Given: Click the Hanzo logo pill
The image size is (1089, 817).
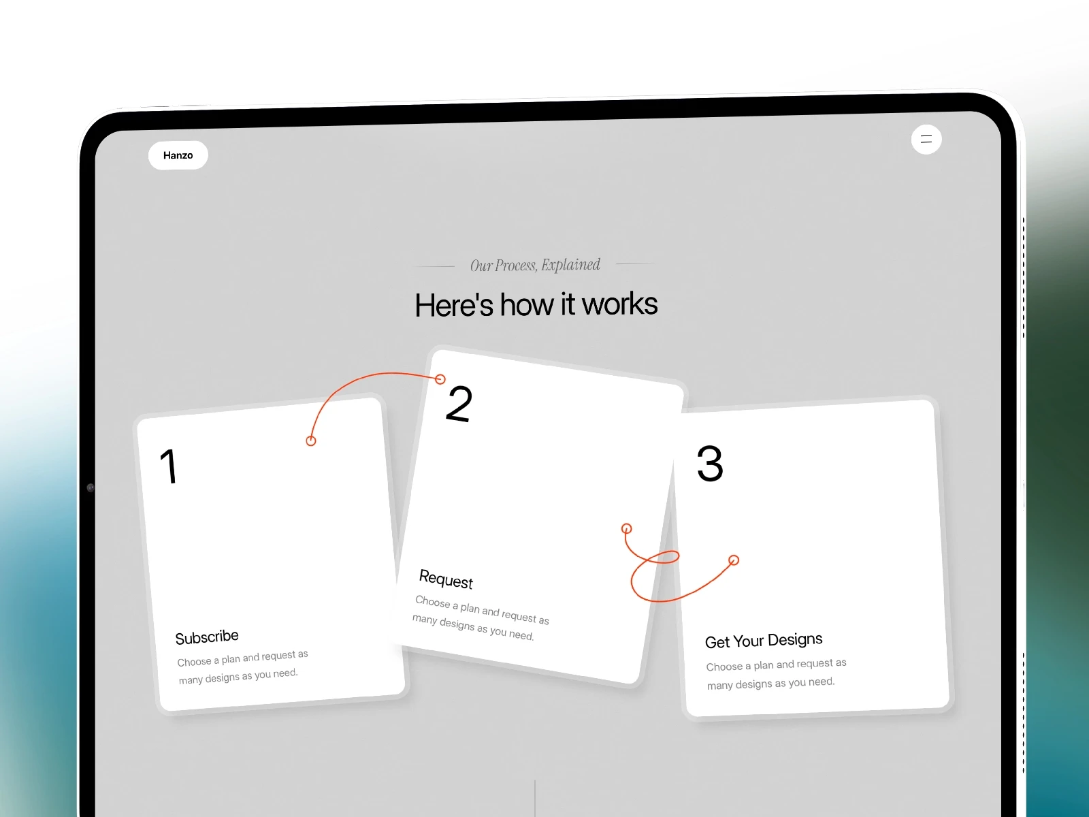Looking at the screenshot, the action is pyautogui.click(x=178, y=155).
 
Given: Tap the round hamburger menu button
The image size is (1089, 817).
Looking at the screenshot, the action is pyautogui.click(x=926, y=140).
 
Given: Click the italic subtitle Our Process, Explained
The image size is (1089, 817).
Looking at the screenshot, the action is pyautogui.click(x=536, y=266).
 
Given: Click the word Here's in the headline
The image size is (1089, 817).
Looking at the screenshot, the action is pyautogui.click(x=454, y=304).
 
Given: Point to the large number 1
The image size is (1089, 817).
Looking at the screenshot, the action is pyautogui.click(x=169, y=466).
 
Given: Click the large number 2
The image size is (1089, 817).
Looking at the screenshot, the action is pyautogui.click(x=459, y=404).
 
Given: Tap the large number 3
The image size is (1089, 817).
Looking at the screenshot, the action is pyautogui.click(x=710, y=464).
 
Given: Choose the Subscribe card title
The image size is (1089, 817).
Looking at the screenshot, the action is pyautogui.click(x=207, y=637).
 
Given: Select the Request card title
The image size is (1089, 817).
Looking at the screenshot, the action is pyautogui.click(x=446, y=579).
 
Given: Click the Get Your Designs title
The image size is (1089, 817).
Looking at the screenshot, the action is pyautogui.click(x=764, y=641).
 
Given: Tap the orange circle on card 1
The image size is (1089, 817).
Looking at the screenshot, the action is pyautogui.click(x=311, y=440).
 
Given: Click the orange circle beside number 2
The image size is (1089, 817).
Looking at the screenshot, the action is pyautogui.click(x=440, y=379).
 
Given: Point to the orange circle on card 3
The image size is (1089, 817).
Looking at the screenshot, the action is pyautogui.click(x=734, y=560).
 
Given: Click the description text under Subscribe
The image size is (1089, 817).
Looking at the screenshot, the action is pyautogui.click(x=242, y=668).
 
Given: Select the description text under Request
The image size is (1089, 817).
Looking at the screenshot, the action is pyautogui.click(x=481, y=618).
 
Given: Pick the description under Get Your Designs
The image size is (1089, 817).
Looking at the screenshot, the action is pyautogui.click(x=776, y=674).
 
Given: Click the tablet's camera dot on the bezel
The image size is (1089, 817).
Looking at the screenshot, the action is pyautogui.click(x=91, y=487).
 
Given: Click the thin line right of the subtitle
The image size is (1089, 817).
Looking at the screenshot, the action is pyautogui.click(x=636, y=264).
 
